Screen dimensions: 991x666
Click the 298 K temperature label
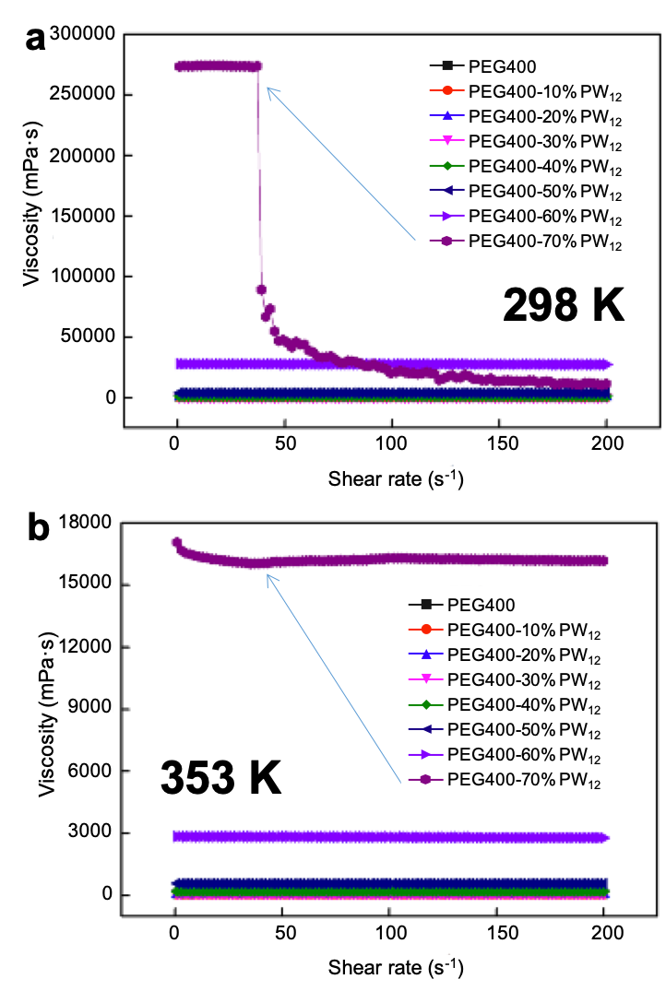point(564,304)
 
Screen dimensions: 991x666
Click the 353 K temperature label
point(220,777)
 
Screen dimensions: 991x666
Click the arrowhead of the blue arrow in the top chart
point(268,88)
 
